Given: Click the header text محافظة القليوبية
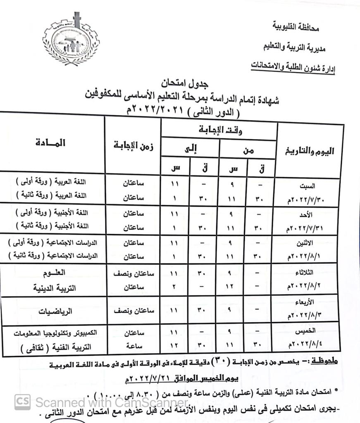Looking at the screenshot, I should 296,28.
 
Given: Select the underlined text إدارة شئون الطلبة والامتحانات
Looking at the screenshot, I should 293,66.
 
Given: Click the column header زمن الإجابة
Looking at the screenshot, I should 134,147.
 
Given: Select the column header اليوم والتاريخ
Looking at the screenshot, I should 311,152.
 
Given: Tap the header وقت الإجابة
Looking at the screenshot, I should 219,131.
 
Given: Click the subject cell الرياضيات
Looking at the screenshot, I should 55,311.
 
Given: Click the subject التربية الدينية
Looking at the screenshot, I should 52,288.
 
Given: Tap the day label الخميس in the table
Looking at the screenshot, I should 306,332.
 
